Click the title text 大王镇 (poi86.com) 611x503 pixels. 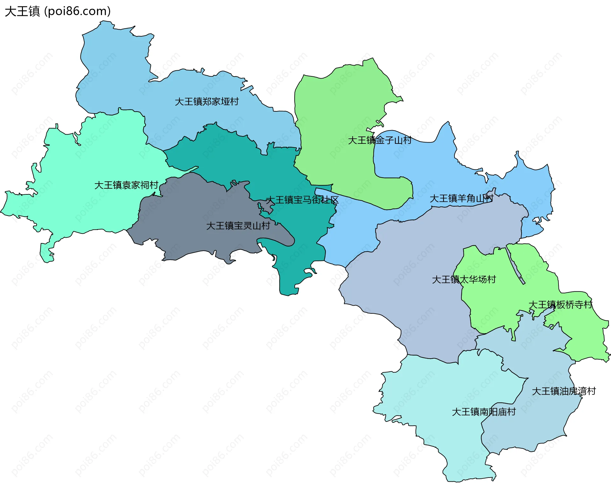pos(58,11)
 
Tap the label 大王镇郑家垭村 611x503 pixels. pos(207,102)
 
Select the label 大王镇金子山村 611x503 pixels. pos(379,140)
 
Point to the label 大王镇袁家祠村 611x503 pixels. pos(126,185)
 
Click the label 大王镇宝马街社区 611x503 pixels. pos(302,200)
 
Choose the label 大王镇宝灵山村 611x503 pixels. pos(238,226)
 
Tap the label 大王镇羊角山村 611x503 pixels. pos(461,199)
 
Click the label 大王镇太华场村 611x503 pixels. pos(464,280)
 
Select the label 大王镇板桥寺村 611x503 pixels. pos(560,305)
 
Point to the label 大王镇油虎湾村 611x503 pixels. pos(564,391)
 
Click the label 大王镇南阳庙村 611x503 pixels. pos(483,412)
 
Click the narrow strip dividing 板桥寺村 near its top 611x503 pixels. pos(515,264)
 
